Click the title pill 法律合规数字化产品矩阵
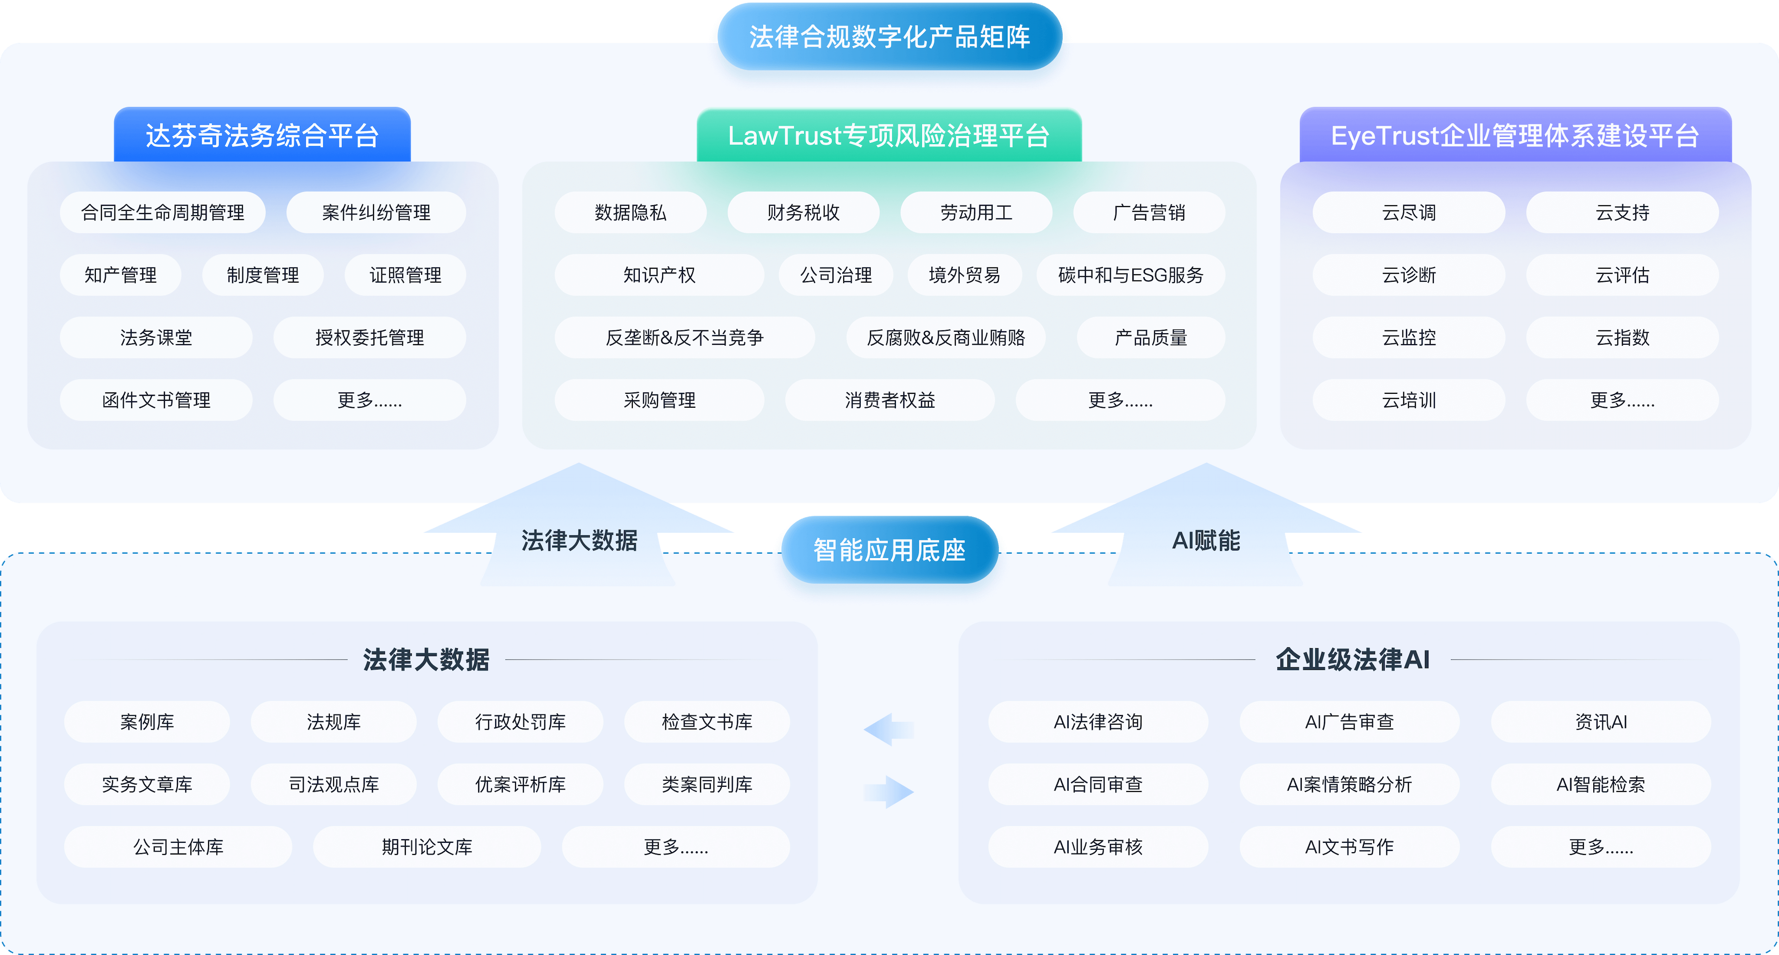click(889, 37)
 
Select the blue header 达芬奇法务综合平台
click(262, 135)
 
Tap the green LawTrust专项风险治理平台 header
click(889, 135)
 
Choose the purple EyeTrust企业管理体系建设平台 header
click(1515, 135)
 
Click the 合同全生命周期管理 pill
click(163, 213)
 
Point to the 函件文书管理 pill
click(156, 400)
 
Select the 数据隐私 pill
click(631, 213)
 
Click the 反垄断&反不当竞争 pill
click(684, 338)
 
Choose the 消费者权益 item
click(889, 400)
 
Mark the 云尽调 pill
click(1409, 213)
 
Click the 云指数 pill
click(1622, 338)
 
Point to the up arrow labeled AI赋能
click(1206, 525)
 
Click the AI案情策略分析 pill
click(1350, 784)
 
